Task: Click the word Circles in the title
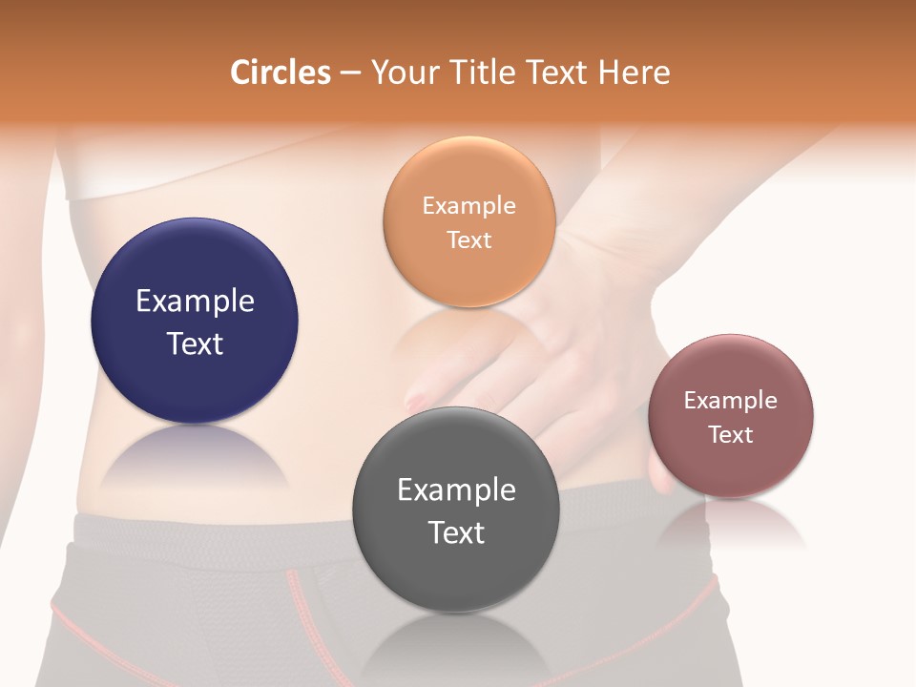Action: [280, 73]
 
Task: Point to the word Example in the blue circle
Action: [195, 302]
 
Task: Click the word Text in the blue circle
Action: [195, 343]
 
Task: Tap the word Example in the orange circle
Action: [468, 206]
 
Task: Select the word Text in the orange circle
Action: [468, 239]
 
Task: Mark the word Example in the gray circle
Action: [456, 490]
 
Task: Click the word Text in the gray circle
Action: [456, 532]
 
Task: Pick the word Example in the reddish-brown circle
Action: [731, 401]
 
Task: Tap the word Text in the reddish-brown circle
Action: [731, 434]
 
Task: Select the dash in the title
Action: [350, 73]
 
